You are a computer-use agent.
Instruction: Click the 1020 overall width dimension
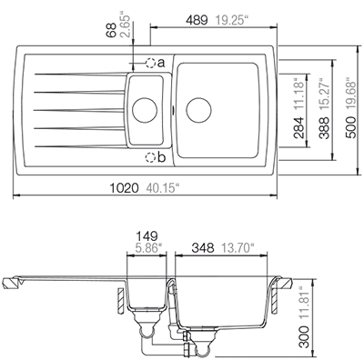pyautogui.click(x=124, y=188)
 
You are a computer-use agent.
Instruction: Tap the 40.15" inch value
pyautogui.click(x=163, y=188)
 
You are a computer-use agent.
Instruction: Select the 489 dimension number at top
pyautogui.click(x=197, y=20)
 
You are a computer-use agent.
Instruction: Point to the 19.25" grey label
pyautogui.click(x=232, y=20)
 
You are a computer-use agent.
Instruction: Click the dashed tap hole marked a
pyautogui.click(x=150, y=63)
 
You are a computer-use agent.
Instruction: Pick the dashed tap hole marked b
pyautogui.click(x=150, y=157)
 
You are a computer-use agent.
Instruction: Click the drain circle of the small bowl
pyautogui.click(x=145, y=110)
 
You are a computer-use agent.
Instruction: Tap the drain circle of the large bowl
pyautogui.click(x=198, y=110)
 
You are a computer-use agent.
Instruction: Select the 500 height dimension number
pyautogui.click(x=351, y=127)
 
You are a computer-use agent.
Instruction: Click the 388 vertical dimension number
pyautogui.click(x=325, y=128)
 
